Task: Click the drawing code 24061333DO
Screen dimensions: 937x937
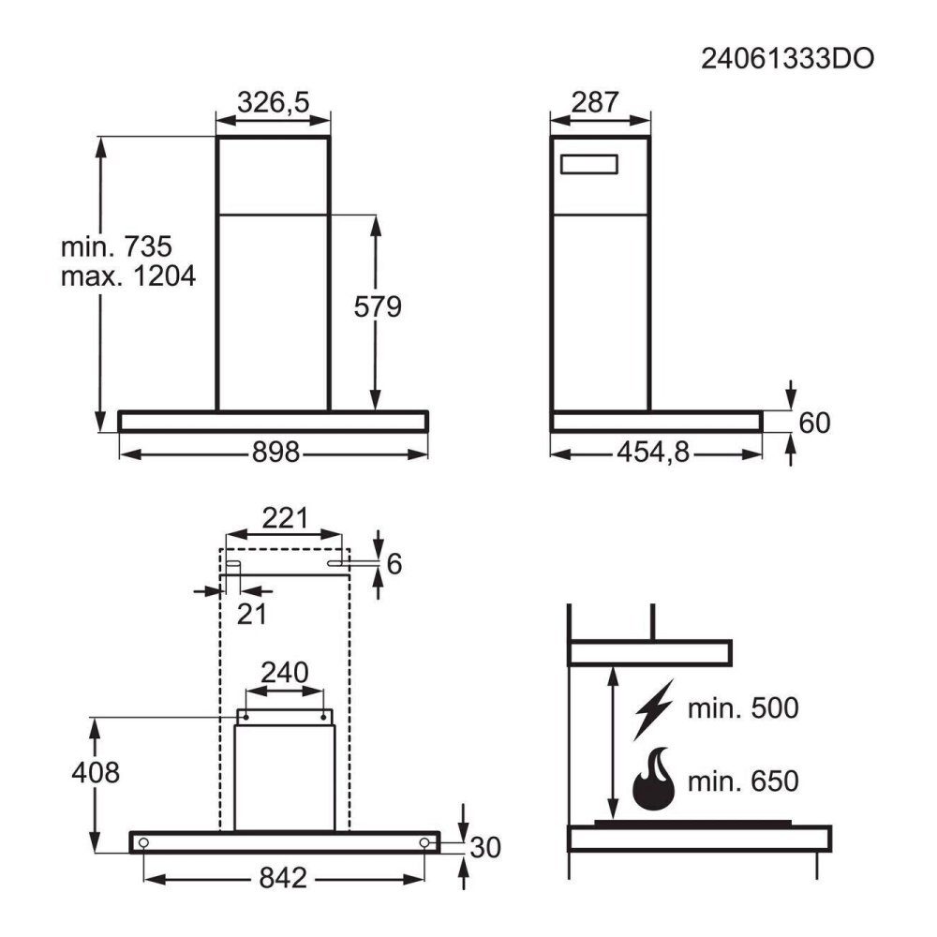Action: pos(787,58)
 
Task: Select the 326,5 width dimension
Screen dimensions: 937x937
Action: pos(273,101)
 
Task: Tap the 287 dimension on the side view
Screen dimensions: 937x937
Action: pos(595,101)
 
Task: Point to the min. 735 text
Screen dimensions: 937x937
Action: pos(116,246)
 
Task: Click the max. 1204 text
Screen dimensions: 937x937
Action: pos(127,276)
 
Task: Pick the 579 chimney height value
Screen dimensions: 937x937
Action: pos(377,306)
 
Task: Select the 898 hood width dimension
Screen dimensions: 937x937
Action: pos(275,452)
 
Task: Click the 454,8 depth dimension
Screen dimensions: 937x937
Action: pos(653,452)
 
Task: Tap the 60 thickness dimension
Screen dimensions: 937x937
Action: pos(814,423)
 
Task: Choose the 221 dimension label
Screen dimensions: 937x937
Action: pos(285,518)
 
